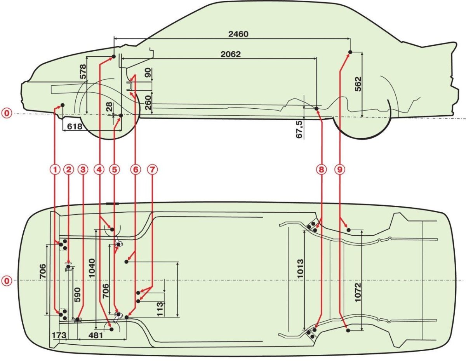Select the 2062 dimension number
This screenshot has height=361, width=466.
click(231, 54)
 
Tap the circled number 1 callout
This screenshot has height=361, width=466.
click(55, 169)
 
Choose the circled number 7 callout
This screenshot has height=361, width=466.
click(153, 169)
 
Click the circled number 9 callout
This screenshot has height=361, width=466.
click(340, 169)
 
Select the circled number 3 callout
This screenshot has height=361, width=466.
click(83, 169)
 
